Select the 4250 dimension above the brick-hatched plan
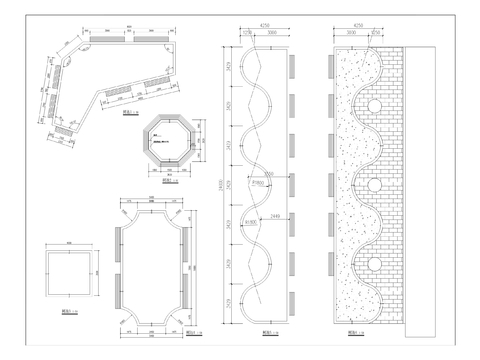pyautogui.click(x=358, y=26)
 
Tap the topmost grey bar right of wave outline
pyautogui.click(x=291, y=66)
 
